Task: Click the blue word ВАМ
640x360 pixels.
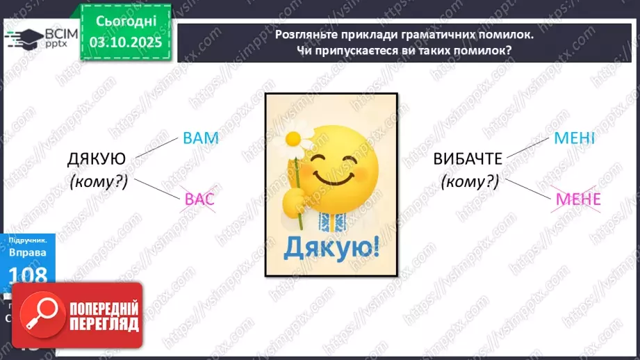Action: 201,138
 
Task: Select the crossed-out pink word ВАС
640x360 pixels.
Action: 200,201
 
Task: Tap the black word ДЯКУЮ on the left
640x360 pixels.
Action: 97,159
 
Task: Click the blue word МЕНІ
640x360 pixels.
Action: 574,138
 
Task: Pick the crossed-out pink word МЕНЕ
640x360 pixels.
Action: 577,201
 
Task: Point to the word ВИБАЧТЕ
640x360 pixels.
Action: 468,159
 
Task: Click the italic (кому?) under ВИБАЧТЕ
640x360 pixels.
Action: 470,182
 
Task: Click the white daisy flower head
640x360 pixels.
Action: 297,138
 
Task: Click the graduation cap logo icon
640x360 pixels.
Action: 20,39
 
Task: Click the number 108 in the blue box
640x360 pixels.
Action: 28,275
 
